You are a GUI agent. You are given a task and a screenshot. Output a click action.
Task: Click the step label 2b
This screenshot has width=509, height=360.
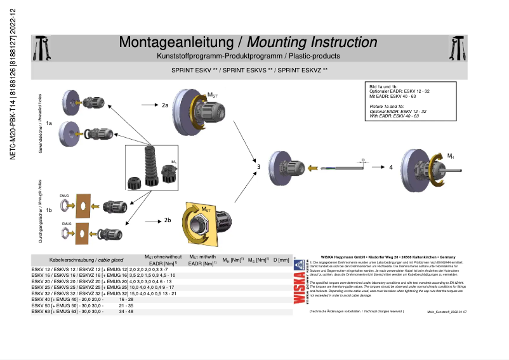pos(168,220)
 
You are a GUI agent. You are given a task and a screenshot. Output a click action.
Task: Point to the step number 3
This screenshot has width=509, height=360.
pos(258,167)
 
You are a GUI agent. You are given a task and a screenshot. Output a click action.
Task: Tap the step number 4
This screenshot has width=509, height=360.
pos(391,167)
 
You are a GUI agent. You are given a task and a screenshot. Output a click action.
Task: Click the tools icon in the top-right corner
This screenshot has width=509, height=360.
pos(457,46)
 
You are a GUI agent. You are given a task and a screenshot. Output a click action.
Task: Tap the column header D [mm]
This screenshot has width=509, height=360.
pos(281,260)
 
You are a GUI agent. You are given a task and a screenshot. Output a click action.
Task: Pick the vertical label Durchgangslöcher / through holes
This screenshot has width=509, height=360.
pos(41,214)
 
